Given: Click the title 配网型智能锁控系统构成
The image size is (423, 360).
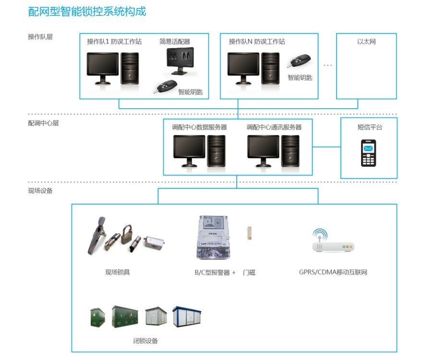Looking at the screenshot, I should click(x=87, y=12).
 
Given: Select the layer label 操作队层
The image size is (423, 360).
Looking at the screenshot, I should click(x=40, y=37).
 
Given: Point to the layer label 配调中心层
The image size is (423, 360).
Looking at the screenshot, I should click(x=43, y=123).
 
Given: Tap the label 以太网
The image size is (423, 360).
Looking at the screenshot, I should click(x=366, y=42).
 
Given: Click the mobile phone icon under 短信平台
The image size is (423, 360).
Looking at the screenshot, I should click(x=368, y=153).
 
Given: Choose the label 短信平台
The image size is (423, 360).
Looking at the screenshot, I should click(x=370, y=127).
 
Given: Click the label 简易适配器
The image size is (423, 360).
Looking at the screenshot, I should click(x=175, y=41).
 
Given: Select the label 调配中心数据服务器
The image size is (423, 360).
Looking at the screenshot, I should click(x=199, y=127).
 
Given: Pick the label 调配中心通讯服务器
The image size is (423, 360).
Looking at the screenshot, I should click(x=274, y=127).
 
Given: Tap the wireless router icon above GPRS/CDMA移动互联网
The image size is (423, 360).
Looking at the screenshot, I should click(x=334, y=242).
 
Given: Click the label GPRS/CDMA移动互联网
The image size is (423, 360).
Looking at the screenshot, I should click(x=333, y=273).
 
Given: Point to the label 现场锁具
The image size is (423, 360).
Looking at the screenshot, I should click(x=118, y=273).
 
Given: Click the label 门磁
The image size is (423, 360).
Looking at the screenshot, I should click(x=249, y=273).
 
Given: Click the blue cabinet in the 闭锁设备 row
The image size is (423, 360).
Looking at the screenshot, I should click(x=187, y=317).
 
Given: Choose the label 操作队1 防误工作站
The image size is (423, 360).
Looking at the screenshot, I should click(x=114, y=41).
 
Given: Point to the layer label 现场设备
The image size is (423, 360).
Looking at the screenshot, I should click(x=40, y=190).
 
